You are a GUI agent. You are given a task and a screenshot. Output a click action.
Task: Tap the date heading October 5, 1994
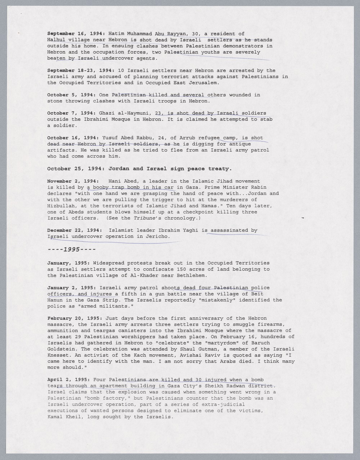click(70, 95)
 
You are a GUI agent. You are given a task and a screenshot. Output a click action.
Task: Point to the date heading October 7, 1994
click(70, 113)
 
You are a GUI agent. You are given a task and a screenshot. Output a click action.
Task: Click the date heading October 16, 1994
click(72, 138)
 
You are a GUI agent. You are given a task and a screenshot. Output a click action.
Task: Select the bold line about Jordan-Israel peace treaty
click(140, 168)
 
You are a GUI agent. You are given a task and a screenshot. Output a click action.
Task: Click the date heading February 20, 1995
click(75, 318)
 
